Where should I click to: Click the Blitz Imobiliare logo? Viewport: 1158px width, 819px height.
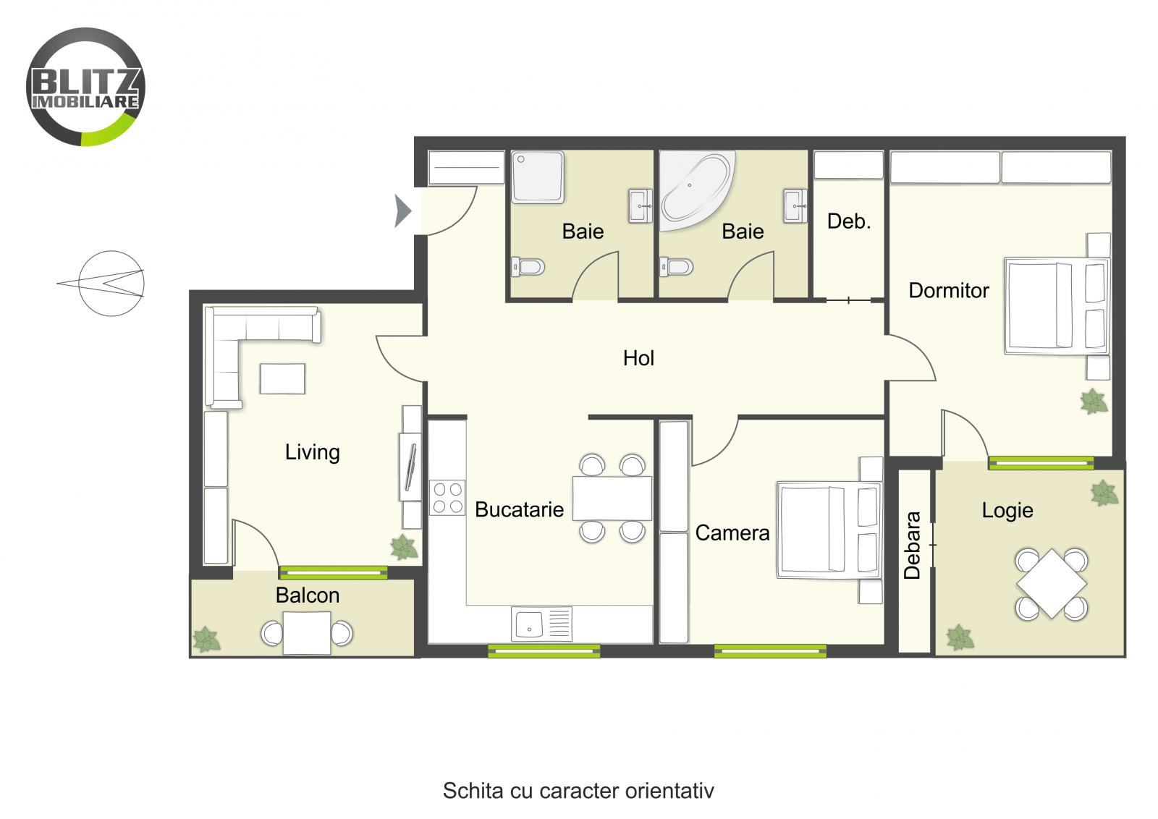[x=85, y=87]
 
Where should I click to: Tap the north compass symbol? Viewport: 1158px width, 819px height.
[x=110, y=283]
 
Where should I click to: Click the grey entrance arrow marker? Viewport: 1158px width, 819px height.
[x=402, y=211]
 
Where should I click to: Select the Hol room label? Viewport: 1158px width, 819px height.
[x=638, y=358]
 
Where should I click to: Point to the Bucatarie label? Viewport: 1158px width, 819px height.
[x=519, y=509]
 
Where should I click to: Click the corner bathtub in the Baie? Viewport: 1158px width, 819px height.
[x=696, y=190]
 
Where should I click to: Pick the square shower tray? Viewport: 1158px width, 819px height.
[x=537, y=177]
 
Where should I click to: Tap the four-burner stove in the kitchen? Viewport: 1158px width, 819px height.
[x=447, y=498]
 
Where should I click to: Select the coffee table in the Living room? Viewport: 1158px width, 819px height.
[x=282, y=378]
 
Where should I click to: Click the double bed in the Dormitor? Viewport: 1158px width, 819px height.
[x=1056, y=307]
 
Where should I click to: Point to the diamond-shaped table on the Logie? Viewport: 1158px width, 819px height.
[x=1052, y=583]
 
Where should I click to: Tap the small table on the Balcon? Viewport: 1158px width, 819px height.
[x=307, y=633]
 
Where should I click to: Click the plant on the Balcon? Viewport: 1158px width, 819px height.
[x=207, y=639]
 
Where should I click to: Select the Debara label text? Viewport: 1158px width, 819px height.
[x=912, y=546]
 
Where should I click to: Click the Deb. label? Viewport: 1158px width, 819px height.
[x=849, y=221]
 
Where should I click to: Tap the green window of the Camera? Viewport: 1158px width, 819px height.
[x=770, y=651]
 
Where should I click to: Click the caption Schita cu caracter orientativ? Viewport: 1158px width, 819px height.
[x=578, y=790]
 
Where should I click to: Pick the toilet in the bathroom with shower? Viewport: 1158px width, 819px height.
[x=528, y=267]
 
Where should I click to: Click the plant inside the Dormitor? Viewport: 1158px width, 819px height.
[x=1093, y=401]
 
